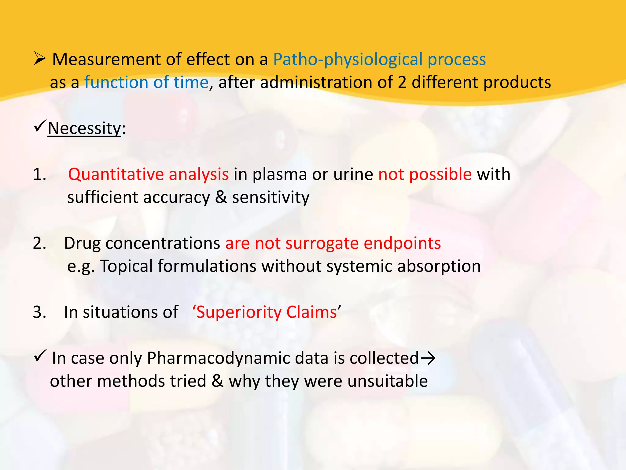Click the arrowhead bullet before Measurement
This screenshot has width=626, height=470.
pos(40,58)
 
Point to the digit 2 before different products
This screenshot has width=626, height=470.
pos(402,83)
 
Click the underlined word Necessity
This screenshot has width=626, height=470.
pos(84,128)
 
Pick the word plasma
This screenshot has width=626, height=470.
pos(280,174)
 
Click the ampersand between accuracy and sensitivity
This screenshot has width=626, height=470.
pos(221,197)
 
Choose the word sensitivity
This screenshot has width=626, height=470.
pos(271,197)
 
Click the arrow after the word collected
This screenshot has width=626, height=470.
pos(428,358)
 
